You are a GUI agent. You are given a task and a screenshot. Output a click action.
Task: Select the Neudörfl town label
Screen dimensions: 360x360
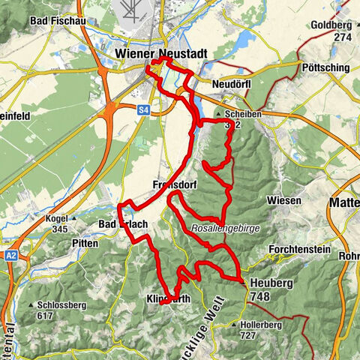coord(230,83)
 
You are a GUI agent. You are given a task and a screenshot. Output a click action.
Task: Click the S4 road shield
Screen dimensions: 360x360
coord(144,109)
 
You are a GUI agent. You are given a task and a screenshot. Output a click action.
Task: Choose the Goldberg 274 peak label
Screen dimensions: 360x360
coord(333,30)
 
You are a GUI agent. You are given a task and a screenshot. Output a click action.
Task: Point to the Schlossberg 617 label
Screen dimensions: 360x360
coord(60,310)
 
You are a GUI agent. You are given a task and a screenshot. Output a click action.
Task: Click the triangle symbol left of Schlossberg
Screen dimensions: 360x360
coord(30,306)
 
